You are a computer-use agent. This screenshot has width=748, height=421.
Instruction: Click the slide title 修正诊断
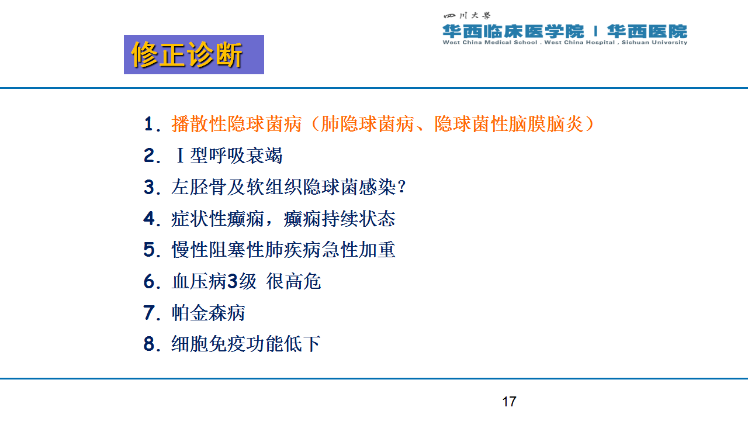(x=186, y=55)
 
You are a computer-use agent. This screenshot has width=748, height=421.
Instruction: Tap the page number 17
(x=509, y=402)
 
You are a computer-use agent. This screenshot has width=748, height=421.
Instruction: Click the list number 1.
(x=148, y=124)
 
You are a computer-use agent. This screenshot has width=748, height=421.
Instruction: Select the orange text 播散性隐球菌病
(x=237, y=124)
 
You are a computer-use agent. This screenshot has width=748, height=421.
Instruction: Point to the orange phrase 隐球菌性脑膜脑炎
(x=508, y=124)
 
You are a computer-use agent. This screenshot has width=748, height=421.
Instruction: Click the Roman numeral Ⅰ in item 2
(x=180, y=156)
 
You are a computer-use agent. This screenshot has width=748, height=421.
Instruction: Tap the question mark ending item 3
(x=401, y=187)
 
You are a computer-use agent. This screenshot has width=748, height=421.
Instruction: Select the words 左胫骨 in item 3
(x=199, y=187)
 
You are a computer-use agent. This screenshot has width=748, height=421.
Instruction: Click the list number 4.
(x=149, y=219)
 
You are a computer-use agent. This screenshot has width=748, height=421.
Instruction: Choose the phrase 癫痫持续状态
(x=340, y=219)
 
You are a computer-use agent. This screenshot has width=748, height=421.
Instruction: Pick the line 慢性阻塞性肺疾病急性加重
(x=283, y=250)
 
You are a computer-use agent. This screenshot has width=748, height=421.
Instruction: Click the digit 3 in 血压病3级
(x=233, y=281)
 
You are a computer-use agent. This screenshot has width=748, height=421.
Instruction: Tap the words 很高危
(x=293, y=281)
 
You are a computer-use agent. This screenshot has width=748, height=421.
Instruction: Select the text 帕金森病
(x=209, y=313)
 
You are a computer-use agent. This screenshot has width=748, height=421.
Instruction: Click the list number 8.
(x=149, y=344)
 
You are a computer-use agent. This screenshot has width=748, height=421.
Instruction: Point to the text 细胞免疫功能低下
(x=246, y=344)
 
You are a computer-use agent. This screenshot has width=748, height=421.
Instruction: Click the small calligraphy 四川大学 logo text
(x=467, y=15)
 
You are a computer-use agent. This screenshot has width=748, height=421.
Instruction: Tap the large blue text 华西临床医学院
(x=513, y=32)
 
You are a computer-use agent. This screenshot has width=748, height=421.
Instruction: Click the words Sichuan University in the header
(x=654, y=43)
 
